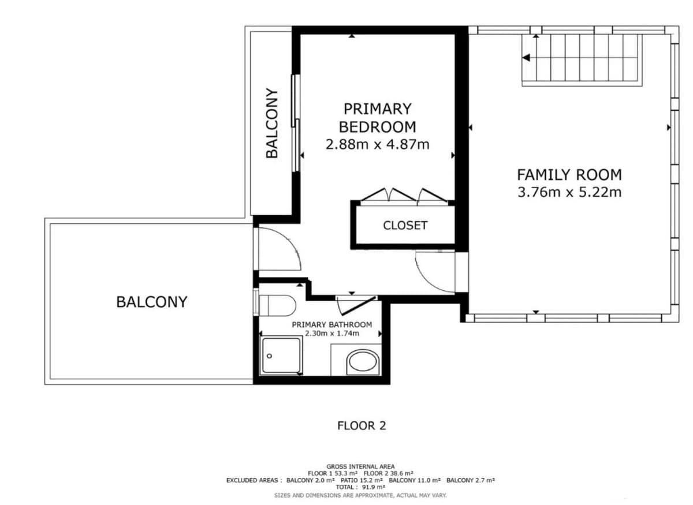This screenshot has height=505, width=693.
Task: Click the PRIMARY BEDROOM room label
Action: (378, 118)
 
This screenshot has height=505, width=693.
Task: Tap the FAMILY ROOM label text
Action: (569, 175)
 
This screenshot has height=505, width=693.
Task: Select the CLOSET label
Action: (405, 226)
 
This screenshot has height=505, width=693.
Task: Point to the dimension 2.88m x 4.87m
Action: (378, 144)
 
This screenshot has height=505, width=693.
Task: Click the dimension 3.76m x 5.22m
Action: (569, 192)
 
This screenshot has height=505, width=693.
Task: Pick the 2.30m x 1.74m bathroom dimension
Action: (332, 334)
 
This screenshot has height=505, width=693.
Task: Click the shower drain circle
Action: (270, 356)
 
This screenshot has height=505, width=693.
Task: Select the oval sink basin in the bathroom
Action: (363, 362)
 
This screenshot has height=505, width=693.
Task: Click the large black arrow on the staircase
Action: (526, 58)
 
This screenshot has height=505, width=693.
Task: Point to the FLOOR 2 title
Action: (362, 426)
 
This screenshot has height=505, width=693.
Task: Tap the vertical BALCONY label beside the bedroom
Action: (272, 123)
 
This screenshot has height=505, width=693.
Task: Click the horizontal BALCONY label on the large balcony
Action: (151, 302)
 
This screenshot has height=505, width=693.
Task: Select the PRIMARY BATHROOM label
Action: (332, 325)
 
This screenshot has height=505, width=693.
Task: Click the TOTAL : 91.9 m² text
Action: (360, 487)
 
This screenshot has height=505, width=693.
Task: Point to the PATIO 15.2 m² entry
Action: (362, 480)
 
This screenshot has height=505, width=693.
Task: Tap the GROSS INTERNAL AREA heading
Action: (360, 466)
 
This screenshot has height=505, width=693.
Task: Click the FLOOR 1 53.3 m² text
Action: (333, 473)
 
